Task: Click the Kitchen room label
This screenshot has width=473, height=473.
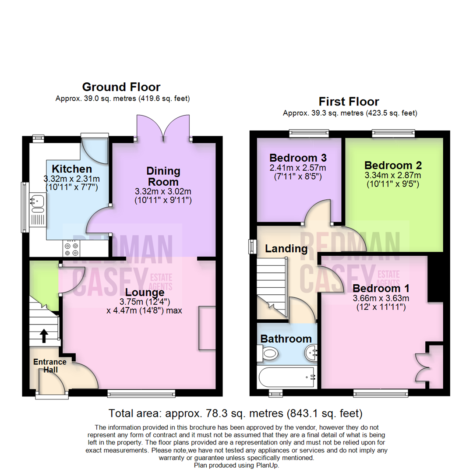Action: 72,169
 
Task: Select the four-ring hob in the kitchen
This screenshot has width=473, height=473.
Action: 71,249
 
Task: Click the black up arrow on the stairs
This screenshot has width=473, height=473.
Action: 44,336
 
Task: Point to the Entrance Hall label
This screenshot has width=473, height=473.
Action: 50,366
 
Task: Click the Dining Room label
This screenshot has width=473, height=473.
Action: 162,176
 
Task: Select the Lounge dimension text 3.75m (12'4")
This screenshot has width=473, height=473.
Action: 145,302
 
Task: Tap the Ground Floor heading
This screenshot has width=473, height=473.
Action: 121,87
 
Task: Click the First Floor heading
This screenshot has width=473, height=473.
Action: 349,102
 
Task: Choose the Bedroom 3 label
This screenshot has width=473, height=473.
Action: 298,158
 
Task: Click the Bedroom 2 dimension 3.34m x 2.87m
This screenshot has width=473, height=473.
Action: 393,175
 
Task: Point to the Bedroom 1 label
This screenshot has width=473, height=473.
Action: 381,289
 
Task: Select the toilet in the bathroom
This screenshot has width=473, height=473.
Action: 268,353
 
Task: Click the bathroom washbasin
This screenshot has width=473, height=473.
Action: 311,351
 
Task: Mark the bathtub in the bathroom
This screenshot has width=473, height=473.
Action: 287,377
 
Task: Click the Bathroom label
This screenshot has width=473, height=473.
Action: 286,339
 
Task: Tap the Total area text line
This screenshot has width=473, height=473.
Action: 236,413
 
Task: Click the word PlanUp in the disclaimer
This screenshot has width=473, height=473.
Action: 265,465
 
